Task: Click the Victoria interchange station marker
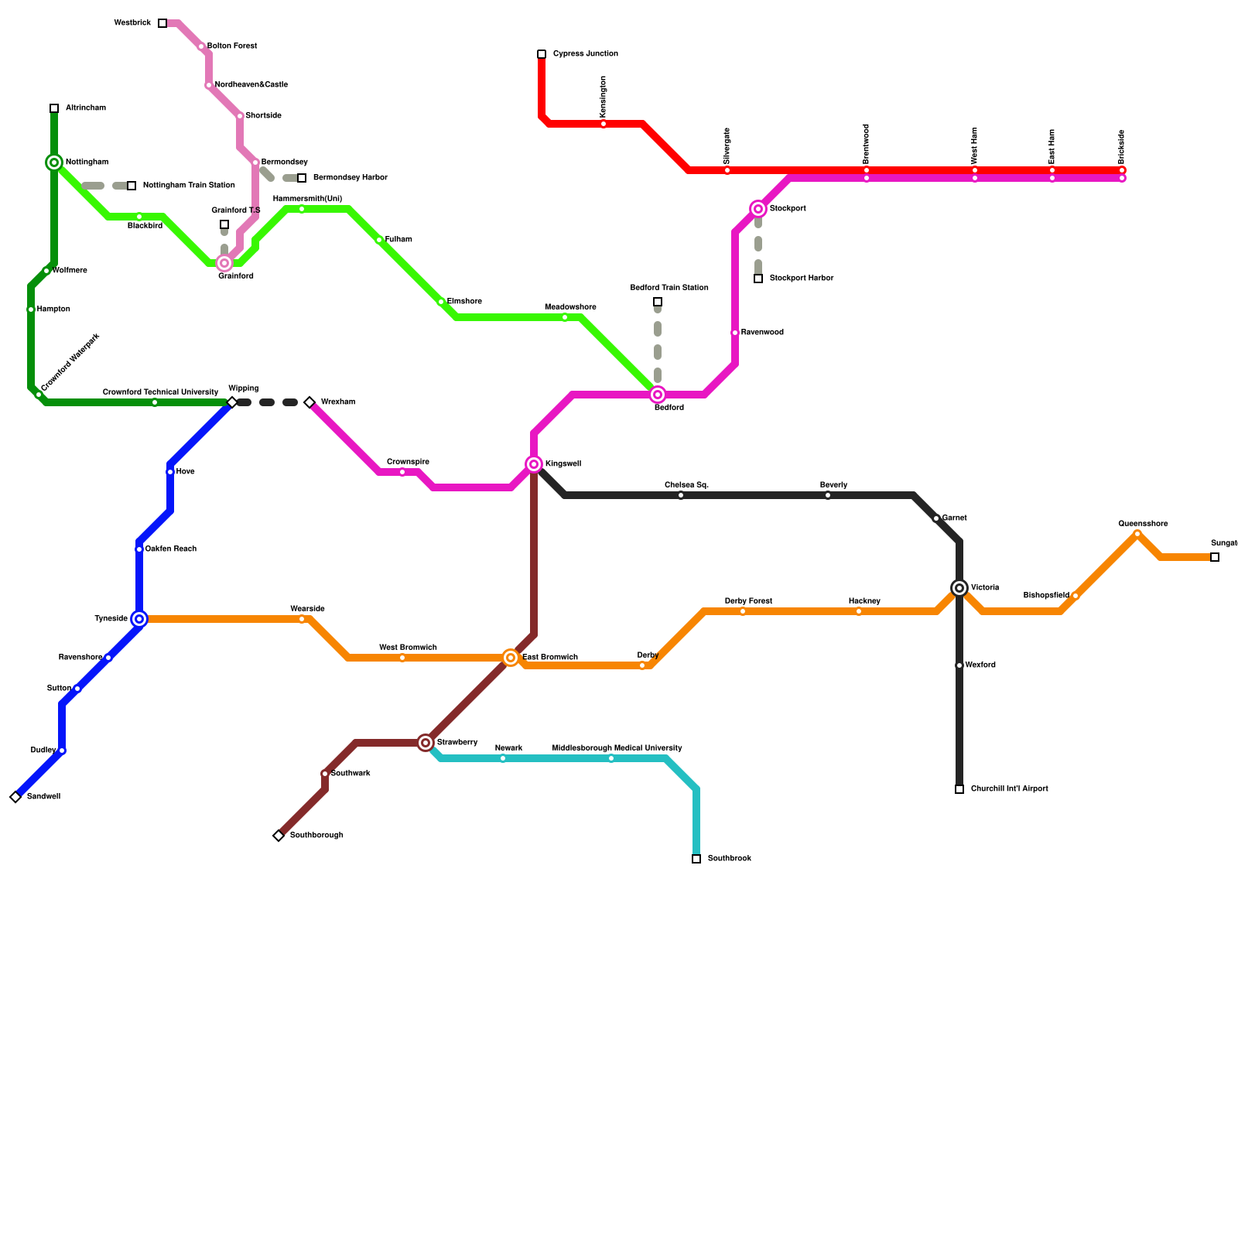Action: pyautogui.click(x=959, y=588)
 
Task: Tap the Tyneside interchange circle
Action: pyautogui.click(x=139, y=619)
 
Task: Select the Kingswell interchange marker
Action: pyautogui.click(x=534, y=464)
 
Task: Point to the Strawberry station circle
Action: pyautogui.click(x=426, y=743)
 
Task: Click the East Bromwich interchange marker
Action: pyautogui.click(x=511, y=658)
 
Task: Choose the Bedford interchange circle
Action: pyautogui.click(x=658, y=395)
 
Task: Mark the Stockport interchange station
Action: pyautogui.click(x=758, y=209)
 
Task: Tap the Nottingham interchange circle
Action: pyautogui.click(x=54, y=162)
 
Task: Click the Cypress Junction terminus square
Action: pyautogui.click(x=542, y=54)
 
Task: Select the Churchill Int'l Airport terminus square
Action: pyautogui.click(x=959, y=789)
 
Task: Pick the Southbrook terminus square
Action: pyautogui.click(x=696, y=859)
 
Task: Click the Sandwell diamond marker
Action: pyautogui.click(x=15, y=797)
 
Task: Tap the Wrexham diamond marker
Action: pyautogui.click(x=309, y=402)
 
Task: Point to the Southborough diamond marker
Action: pyautogui.click(x=279, y=836)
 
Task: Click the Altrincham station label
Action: pyautogui.click(x=86, y=108)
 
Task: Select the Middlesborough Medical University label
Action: pyautogui.click(x=617, y=748)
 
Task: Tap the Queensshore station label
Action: pyautogui.click(x=1143, y=524)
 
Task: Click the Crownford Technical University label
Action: pyautogui.click(x=161, y=392)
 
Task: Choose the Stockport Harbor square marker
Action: pyautogui.click(x=758, y=279)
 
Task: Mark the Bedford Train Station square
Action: pyautogui.click(x=658, y=302)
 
